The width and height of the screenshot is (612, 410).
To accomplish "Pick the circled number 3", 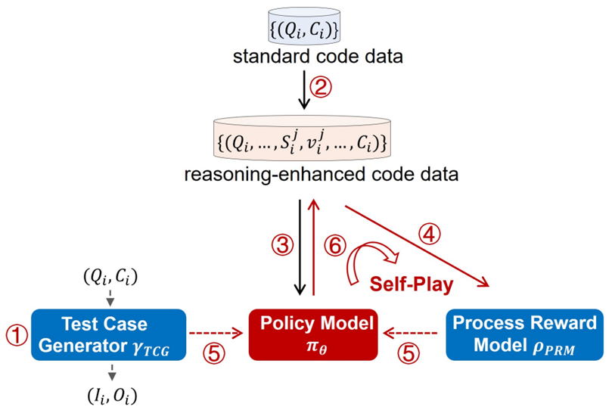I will coord(281,244).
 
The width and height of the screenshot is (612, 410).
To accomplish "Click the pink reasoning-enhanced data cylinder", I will coord(305,141).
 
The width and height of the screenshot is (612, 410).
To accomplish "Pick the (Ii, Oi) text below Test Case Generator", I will coord(110,393).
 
